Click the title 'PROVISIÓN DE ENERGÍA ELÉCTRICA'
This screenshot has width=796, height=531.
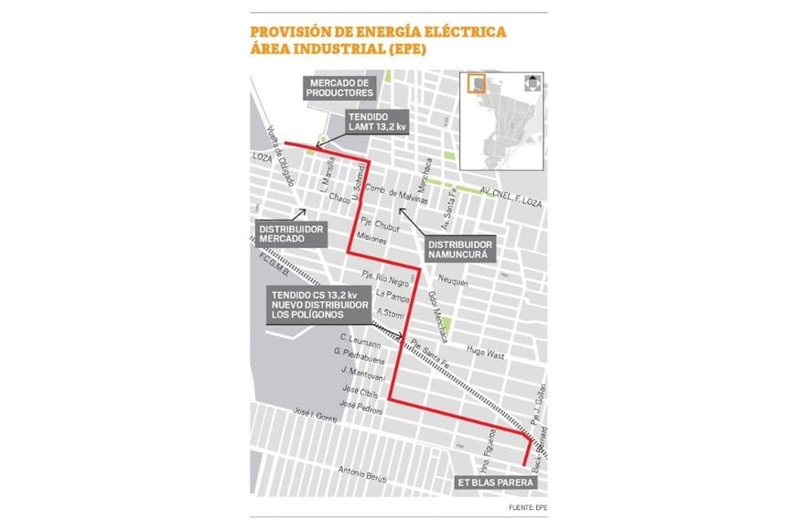coord(378,32)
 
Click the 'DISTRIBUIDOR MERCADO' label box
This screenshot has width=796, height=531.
coord(291,233)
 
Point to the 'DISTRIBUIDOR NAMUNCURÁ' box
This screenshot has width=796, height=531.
coord(461,250)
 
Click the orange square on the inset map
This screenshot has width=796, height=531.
coord(476,84)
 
